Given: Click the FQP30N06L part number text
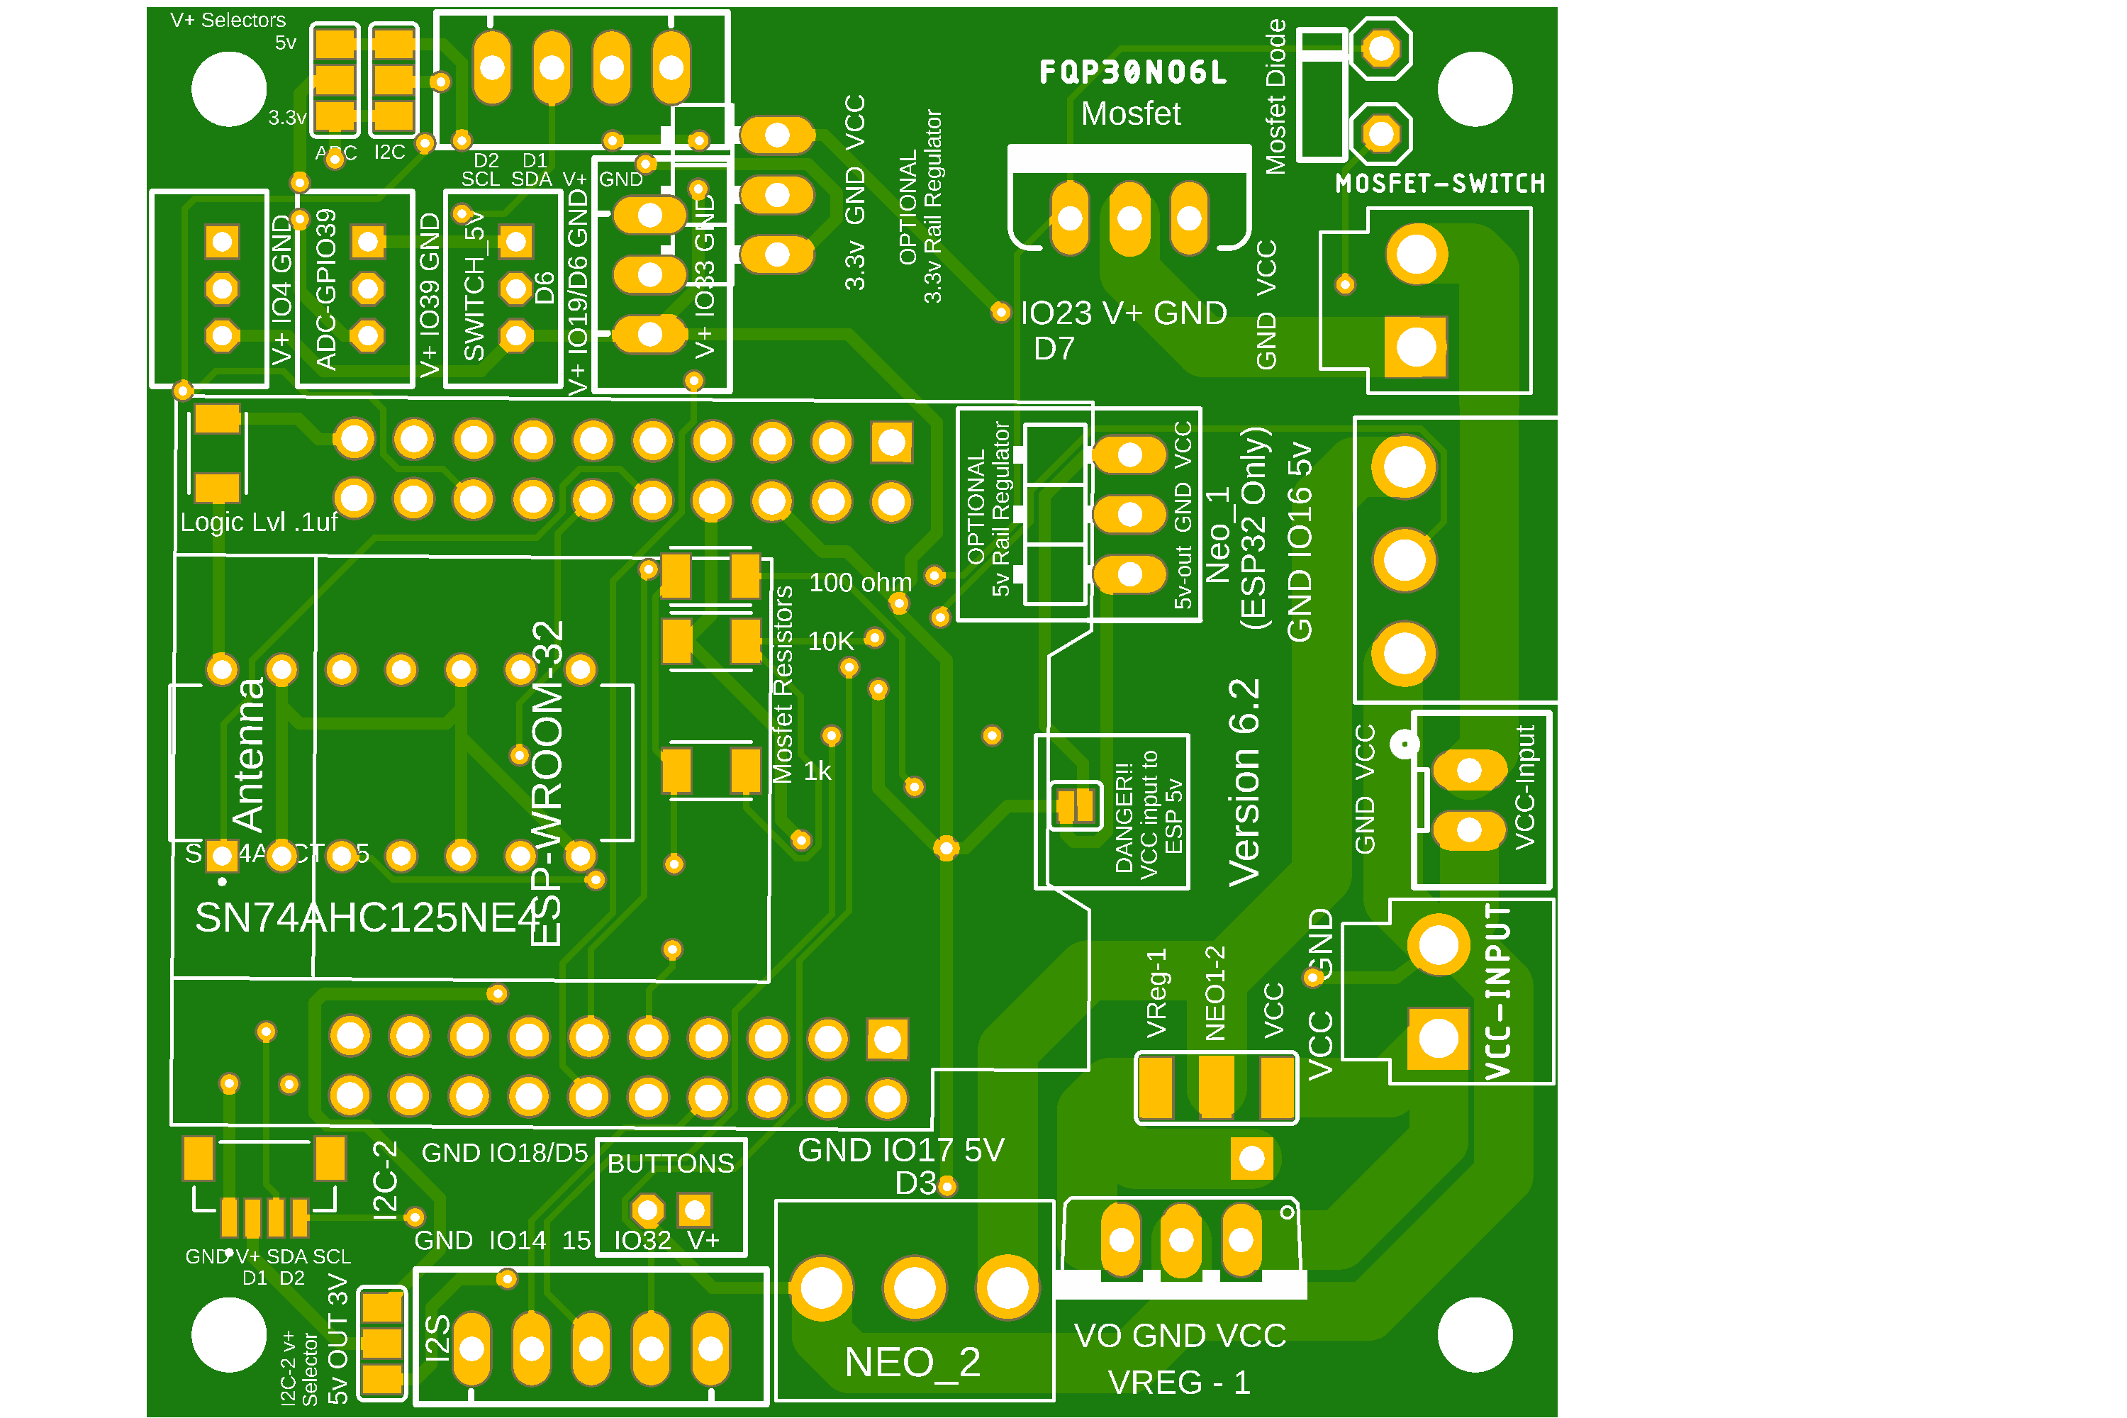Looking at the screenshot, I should (x=1132, y=72).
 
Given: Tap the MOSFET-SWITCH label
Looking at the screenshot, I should (x=1440, y=184).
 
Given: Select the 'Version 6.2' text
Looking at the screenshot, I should (x=1244, y=782).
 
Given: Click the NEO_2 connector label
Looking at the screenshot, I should (x=912, y=1362).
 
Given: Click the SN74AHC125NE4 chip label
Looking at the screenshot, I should (x=367, y=918).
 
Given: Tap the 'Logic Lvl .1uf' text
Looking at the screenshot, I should (x=259, y=522).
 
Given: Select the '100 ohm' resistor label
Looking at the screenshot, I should (x=860, y=582).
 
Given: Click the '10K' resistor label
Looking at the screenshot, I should (x=830, y=641).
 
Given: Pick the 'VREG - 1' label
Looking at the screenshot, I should (x=1179, y=1382).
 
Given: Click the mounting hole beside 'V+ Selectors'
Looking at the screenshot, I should (x=229, y=89).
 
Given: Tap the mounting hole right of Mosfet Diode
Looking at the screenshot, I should (x=1474, y=89).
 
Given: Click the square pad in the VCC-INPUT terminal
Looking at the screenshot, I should (x=1438, y=1038).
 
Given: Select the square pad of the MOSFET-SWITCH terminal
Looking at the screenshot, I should (x=1415, y=347).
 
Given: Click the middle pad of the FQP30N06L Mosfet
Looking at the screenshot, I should (x=1129, y=218).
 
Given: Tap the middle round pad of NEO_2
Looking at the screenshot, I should (x=915, y=1287).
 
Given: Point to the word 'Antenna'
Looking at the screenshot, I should (x=249, y=754).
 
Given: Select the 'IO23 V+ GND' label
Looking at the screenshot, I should (x=1123, y=313).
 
